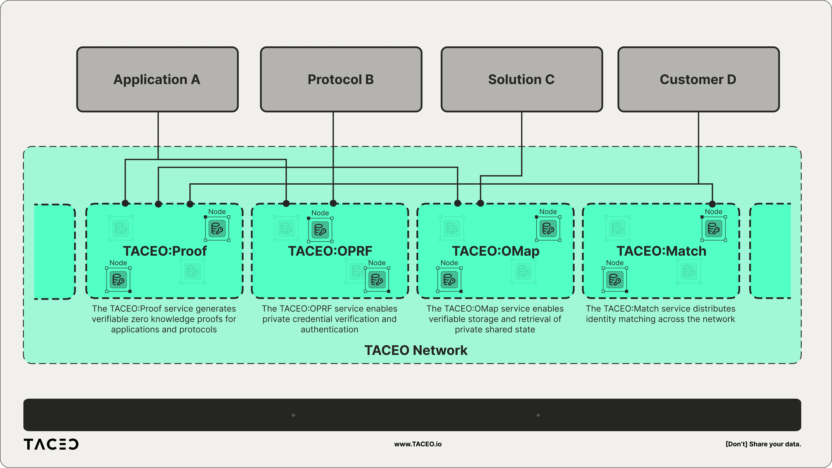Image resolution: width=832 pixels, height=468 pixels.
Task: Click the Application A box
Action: tap(157, 79)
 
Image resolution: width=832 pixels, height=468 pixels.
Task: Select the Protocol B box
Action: tap(341, 79)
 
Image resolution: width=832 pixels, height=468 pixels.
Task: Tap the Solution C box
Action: tap(521, 79)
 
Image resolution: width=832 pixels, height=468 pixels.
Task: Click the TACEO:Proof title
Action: tap(165, 251)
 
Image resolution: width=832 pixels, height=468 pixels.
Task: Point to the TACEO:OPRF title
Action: tap(330, 251)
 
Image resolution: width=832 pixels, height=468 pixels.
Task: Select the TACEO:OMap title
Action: tap(495, 251)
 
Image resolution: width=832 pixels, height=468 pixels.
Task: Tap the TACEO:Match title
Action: tap(661, 251)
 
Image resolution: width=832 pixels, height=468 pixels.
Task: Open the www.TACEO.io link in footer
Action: tap(418, 444)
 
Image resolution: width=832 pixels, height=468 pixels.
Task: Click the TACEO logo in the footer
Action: tap(51, 444)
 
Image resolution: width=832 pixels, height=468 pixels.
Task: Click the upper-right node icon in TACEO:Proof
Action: tap(217, 229)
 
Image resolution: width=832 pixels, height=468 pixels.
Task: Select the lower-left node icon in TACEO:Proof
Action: tap(118, 280)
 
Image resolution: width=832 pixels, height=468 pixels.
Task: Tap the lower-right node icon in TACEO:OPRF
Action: tap(377, 280)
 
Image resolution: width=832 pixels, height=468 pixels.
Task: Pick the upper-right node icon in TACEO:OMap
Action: tap(548, 229)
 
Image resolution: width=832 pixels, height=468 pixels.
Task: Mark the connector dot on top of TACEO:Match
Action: tap(712, 204)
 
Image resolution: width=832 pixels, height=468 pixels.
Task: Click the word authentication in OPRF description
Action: tap(329, 329)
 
